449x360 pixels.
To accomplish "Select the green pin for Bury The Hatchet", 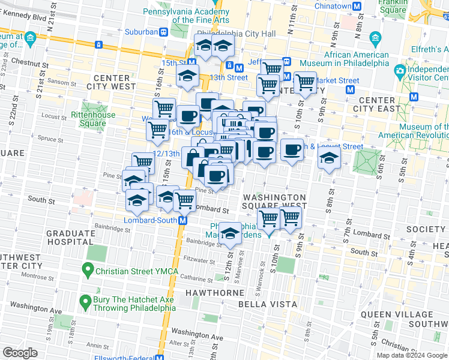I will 86,300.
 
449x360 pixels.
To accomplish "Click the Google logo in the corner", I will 20,353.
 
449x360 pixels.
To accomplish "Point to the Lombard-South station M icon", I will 184,220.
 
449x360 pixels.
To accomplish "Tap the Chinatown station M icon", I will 358,6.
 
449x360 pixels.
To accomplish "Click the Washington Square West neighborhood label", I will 274,202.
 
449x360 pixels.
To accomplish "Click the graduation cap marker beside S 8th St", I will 330,158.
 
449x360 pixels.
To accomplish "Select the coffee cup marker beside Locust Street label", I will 292,150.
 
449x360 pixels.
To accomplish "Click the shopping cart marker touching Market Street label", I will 305,83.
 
